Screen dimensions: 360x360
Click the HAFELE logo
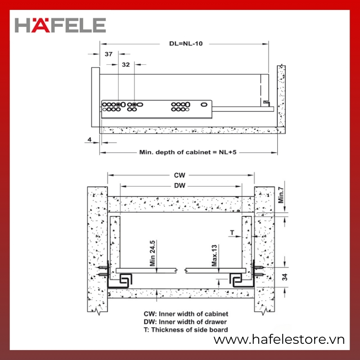coord(60,25)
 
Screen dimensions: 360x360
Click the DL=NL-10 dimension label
coord(186,44)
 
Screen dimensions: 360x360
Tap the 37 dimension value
coord(108,54)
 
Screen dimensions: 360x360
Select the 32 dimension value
coord(126,65)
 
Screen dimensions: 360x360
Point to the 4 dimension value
coord(90,139)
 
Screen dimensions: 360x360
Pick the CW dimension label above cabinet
coord(180,175)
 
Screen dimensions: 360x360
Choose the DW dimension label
coord(180,185)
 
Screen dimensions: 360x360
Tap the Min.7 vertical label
coord(281,195)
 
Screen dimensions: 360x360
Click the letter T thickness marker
coord(232,233)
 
